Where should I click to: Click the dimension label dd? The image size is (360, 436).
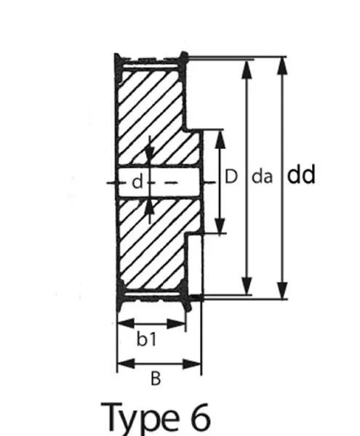(x=301, y=174)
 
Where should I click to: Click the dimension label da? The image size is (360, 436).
(x=262, y=177)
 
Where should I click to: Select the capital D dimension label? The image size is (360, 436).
(x=231, y=177)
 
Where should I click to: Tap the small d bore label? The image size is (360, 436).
(x=137, y=182)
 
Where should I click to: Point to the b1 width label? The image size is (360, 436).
(x=147, y=339)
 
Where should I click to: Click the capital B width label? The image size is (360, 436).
(x=156, y=379)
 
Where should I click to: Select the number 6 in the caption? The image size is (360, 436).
(x=199, y=416)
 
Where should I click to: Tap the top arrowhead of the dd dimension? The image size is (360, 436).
(x=282, y=66)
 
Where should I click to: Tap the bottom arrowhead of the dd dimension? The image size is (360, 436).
(x=282, y=290)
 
